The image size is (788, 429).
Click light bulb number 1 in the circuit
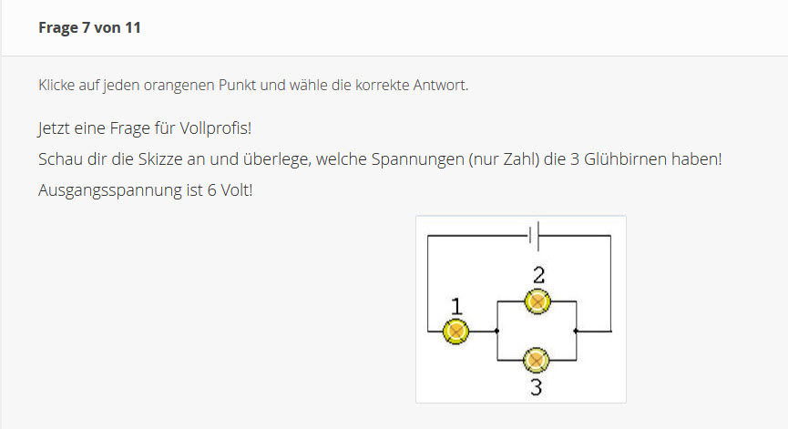[x=455, y=331]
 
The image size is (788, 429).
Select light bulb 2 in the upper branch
[x=537, y=300]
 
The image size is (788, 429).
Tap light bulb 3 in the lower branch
[x=537, y=361]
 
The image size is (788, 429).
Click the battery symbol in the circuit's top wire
[x=535, y=236]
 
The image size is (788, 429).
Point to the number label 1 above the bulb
[x=456, y=306]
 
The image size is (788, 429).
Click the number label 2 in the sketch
[x=538, y=274]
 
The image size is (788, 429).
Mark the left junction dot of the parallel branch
[x=496, y=331]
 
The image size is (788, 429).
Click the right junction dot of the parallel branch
[x=577, y=331]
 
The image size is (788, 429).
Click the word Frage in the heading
[x=58, y=27]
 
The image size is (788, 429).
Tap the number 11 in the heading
[x=133, y=27]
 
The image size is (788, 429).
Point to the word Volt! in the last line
[x=231, y=192]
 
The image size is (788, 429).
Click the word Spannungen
[x=416, y=159]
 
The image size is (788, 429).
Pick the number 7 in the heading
[x=86, y=27]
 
